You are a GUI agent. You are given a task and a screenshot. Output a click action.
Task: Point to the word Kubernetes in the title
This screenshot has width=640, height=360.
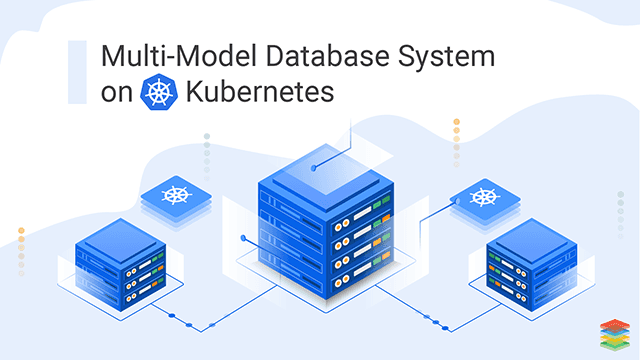point(258,92)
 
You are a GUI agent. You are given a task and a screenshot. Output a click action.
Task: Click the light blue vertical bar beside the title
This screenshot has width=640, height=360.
point(76,72)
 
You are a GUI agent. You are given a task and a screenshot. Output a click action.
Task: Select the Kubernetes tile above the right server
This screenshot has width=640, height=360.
point(485,196)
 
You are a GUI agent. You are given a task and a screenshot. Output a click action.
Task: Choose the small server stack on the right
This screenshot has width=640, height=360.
point(526,265)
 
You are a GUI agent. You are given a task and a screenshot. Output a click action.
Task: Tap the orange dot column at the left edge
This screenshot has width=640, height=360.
point(21,250)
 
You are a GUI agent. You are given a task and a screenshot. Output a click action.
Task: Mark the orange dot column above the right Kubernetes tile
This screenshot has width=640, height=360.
point(456,140)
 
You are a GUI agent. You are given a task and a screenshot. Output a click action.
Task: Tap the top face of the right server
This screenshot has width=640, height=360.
point(526,241)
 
